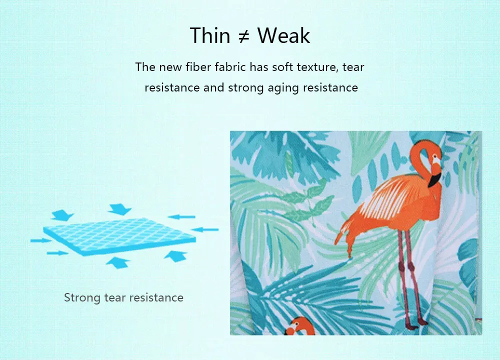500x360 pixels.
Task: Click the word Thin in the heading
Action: [210, 35]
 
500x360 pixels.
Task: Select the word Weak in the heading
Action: [284, 35]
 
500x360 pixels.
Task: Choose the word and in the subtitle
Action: [213, 87]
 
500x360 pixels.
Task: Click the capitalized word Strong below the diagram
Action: [82, 298]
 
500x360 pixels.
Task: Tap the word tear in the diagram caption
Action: [115, 298]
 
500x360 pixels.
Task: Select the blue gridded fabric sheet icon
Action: [119, 236]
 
